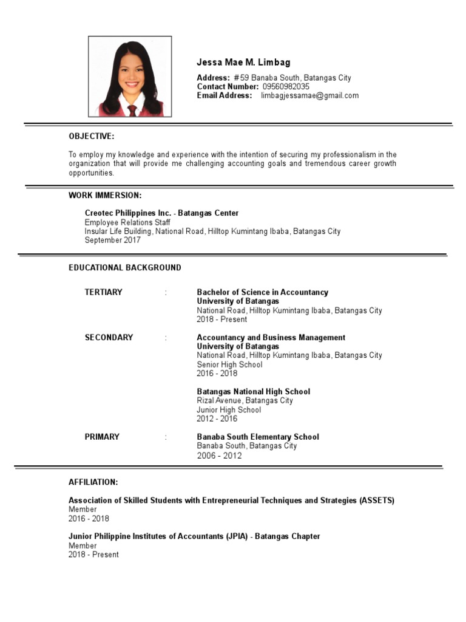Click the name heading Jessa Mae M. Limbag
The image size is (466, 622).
(x=243, y=63)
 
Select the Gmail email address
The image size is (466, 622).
(x=309, y=95)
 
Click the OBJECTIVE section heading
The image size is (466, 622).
(x=91, y=136)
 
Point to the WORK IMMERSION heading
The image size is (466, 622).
(x=105, y=195)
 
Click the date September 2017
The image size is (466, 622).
(x=112, y=240)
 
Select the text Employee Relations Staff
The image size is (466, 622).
(x=127, y=222)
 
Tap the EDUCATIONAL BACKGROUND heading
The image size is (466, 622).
(x=124, y=268)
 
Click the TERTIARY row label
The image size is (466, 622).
(x=103, y=292)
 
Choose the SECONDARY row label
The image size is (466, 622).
(x=109, y=338)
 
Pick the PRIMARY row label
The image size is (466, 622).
(x=102, y=437)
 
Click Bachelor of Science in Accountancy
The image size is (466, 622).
(x=262, y=292)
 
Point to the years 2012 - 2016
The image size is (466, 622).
(x=217, y=419)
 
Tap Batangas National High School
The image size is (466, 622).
(x=253, y=392)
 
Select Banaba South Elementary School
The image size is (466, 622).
(x=257, y=437)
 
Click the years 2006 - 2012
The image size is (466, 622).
(x=219, y=456)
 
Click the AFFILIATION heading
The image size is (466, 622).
(x=93, y=482)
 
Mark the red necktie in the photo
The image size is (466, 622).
(x=132, y=110)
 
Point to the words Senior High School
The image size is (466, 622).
(x=229, y=364)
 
